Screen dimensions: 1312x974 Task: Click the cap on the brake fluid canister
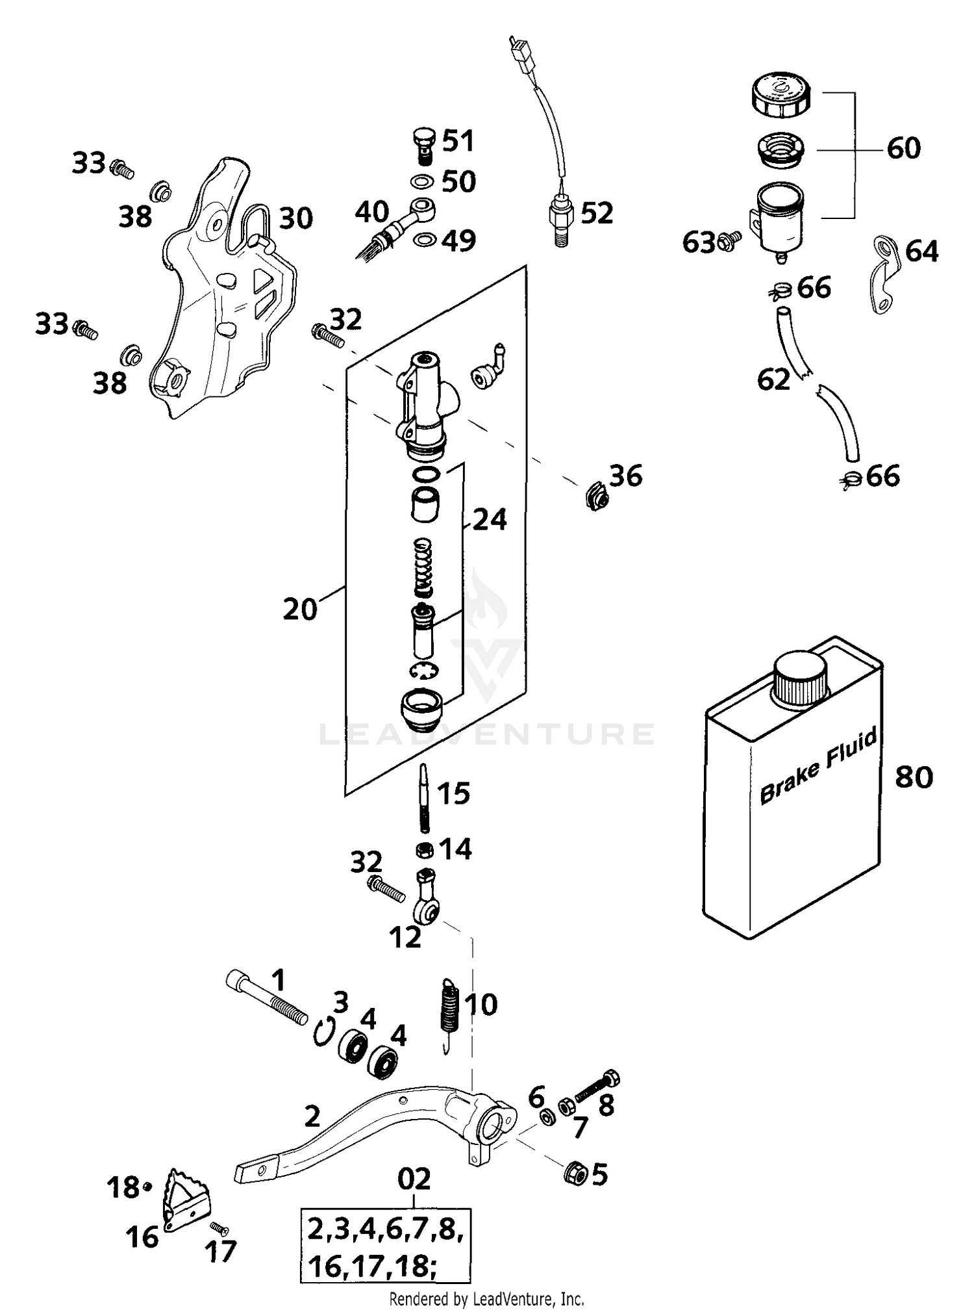pos(800,678)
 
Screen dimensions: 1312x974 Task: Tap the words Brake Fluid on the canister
pos(818,765)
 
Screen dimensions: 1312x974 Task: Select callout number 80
pos(914,777)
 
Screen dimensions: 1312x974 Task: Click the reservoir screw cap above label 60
pos(780,95)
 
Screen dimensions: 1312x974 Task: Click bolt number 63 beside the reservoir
pos(730,243)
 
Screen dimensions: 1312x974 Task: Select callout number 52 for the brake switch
pos(596,213)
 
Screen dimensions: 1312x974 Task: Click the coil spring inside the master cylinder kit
pos(423,567)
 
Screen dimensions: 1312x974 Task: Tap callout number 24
pos(489,519)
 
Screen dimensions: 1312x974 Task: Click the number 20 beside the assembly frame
pos(299,610)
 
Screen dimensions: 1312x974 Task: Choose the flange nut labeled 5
pos(574,1172)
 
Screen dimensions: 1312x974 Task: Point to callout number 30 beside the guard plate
pos(296,219)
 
